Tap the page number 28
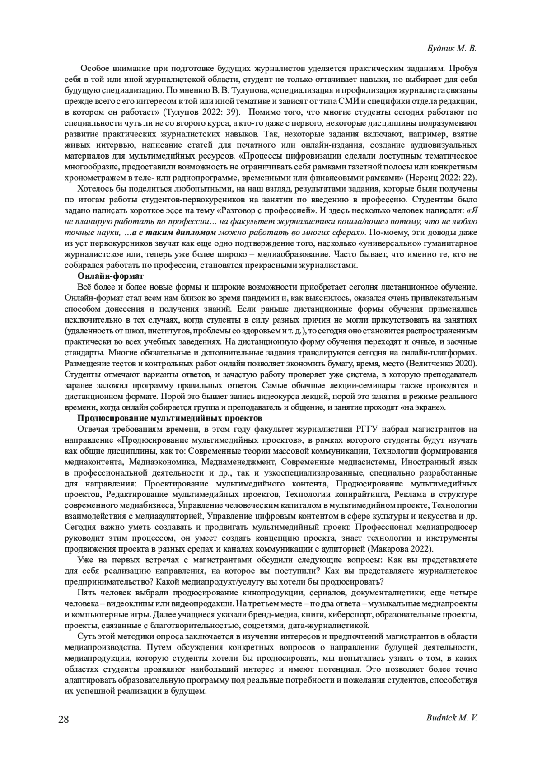pyautogui.click(x=63, y=719)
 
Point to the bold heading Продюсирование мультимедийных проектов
pyautogui.click(x=170, y=418)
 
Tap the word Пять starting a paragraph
pyautogui.click(x=87, y=593)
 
